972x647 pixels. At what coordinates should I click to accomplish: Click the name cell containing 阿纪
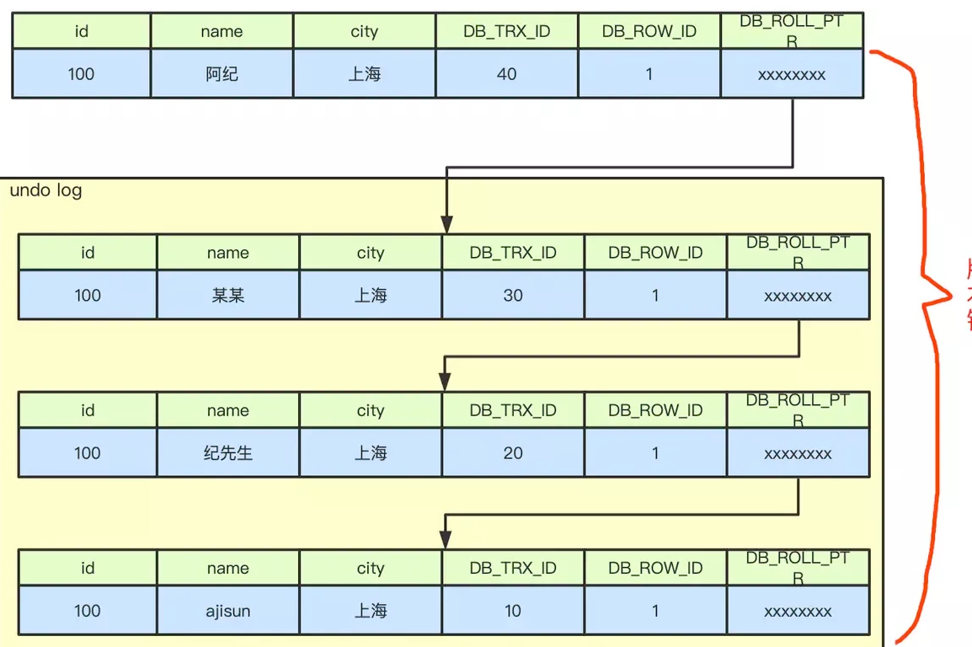[x=222, y=74]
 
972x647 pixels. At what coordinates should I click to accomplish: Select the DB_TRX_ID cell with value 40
[x=506, y=74]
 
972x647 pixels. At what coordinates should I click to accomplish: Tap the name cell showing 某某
[x=227, y=296]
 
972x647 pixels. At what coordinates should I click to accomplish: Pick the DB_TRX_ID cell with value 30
[x=512, y=296]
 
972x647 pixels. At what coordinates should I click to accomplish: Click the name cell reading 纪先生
[x=227, y=453]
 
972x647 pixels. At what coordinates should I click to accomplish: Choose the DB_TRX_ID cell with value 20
[x=512, y=453]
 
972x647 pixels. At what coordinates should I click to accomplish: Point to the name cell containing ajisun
[x=227, y=611]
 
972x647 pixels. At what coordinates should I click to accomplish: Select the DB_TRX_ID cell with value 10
[x=512, y=611]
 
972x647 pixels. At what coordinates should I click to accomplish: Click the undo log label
[x=46, y=190]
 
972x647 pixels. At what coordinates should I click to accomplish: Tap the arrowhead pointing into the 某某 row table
[x=446, y=225]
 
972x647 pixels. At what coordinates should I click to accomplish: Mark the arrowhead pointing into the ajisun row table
[x=446, y=540]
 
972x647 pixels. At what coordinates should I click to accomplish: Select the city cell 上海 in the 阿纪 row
[x=365, y=74]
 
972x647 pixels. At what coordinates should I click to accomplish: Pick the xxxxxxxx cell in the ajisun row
[x=798, y=612]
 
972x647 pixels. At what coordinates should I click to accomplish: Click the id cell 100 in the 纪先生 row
[x=88, y=453]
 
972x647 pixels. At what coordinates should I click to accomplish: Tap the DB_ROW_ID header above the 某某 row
[x=655, y=253]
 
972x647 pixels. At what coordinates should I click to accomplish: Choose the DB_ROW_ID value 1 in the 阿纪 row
[x=649, y=74]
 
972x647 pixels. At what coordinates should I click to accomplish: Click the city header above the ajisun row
[x=370, y=569]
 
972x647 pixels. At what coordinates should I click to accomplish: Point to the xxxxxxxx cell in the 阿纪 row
[x=792, y=75]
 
